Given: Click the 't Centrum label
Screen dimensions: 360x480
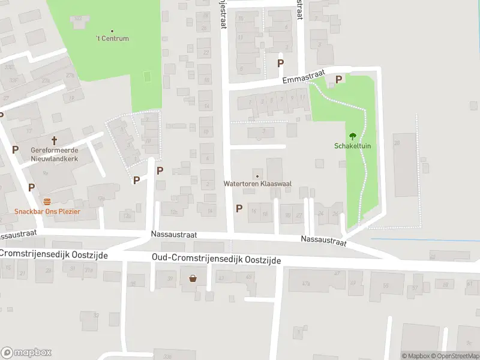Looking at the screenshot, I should (113, 39).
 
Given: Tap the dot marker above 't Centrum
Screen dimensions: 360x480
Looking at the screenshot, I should (113, 31).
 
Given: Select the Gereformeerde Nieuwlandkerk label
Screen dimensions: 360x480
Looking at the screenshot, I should (55, 155).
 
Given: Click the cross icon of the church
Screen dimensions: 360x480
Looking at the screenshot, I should (54, 140).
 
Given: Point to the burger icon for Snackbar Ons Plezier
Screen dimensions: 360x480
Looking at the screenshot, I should (47, 201).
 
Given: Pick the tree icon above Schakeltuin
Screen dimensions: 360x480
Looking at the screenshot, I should (352, 136).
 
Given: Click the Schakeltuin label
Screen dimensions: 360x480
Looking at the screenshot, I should (352, 146).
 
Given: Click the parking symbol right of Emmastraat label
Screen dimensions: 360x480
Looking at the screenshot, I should (338, 79).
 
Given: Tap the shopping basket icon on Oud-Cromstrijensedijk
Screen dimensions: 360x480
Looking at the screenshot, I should (193, 278).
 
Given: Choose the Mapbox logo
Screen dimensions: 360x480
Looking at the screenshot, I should (26, 353).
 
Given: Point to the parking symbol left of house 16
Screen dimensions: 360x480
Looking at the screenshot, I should (239, 208).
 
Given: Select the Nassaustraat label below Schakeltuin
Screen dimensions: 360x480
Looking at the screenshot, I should (323, 241).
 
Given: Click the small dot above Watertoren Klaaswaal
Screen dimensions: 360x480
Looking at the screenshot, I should (257, 175).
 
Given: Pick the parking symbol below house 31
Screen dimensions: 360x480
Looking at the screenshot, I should (280, 62).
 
